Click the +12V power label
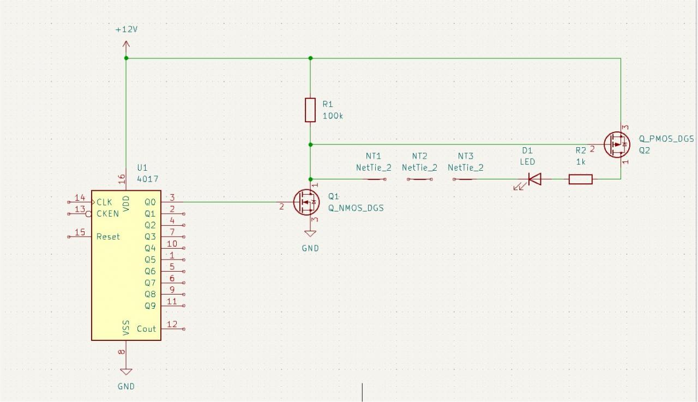point(126,29)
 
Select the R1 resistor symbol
point(310,110)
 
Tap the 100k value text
point(333,116)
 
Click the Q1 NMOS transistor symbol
point(306,202)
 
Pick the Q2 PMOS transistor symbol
point(617,145)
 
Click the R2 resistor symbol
point(580,179)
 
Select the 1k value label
point(581,161)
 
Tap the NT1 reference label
point(374,156)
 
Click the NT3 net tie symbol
point(465,178)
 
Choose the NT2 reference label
point(419,156)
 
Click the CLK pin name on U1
point(104,202)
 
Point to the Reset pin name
point(108,237)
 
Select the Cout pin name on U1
point(146,329)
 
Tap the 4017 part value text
point(148,179)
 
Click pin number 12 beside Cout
point(172,325)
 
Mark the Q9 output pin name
point(150,306)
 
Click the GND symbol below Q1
point(310,235)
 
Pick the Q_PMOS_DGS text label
point(666,139)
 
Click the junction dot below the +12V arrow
point(126,58)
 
